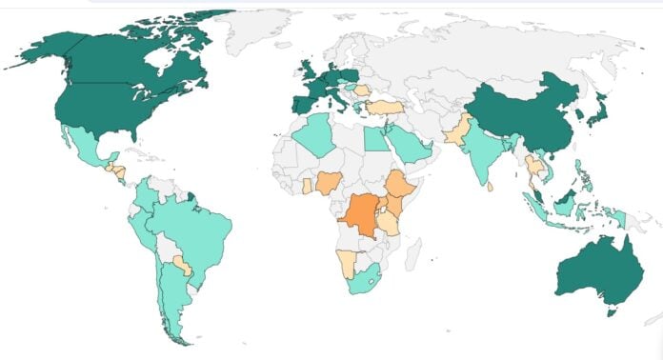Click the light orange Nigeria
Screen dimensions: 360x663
[x=329, y=182]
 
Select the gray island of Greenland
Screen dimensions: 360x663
[x=257, y=24]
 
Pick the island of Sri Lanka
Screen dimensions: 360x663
[x=492, y=187]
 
